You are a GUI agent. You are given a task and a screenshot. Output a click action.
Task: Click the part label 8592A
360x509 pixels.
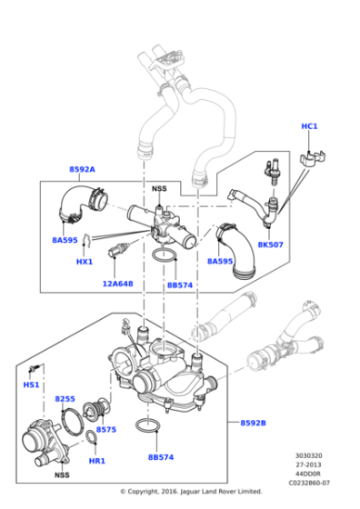tap(82, 169)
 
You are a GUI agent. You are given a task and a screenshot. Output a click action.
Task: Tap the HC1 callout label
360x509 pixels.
tap(309, 125)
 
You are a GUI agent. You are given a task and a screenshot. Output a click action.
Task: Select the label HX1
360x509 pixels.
tap(85, 262)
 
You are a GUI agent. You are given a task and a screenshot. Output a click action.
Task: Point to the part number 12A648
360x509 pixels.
tap(116, 283)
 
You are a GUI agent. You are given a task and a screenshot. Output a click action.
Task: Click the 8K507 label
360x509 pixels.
tap(270, 245)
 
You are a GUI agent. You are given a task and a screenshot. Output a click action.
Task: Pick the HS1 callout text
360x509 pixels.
tap(31, 384)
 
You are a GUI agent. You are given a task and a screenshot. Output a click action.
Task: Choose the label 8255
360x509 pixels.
tap(65, 398)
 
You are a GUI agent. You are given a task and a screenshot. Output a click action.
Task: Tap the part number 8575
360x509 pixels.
tap(106, 429)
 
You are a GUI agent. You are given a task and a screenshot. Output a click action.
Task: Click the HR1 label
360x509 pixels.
tap(97, 462)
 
